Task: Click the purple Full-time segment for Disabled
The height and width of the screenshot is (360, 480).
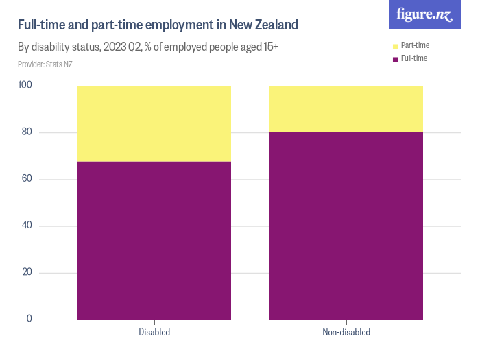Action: point(154,240)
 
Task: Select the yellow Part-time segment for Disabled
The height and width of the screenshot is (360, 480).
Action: point(154,123)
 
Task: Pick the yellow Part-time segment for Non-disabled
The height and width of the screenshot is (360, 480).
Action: point(346,108)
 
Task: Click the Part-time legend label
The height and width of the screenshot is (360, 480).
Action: point(415,45)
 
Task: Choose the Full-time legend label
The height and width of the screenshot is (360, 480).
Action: point(413,58)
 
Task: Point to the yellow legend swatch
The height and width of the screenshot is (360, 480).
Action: point(395,46)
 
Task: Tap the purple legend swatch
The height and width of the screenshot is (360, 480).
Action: point(395,59)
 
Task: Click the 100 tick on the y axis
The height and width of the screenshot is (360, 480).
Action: point(25,86)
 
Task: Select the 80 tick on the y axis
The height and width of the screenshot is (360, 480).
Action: point(27,132)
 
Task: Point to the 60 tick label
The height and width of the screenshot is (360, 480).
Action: point(27,179)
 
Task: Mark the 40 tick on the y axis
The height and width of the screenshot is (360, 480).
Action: point(27,226)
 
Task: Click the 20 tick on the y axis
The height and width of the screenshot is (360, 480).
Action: point(27,272)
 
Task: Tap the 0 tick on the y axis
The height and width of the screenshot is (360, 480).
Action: point(29,319)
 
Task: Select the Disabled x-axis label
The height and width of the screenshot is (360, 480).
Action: point(154,333)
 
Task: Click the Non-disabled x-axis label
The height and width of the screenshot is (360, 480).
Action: point(346,333)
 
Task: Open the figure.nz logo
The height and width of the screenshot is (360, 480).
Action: point(424,14)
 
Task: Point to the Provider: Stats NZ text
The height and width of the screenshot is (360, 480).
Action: point(45,64)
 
